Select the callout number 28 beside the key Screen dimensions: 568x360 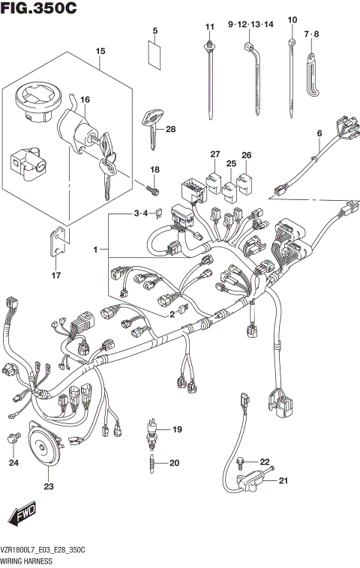pos(170,129)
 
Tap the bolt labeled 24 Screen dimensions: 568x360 pos(13,439)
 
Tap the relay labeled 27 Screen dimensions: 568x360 pos(214,181)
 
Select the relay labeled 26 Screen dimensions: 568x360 pos(245,184)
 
